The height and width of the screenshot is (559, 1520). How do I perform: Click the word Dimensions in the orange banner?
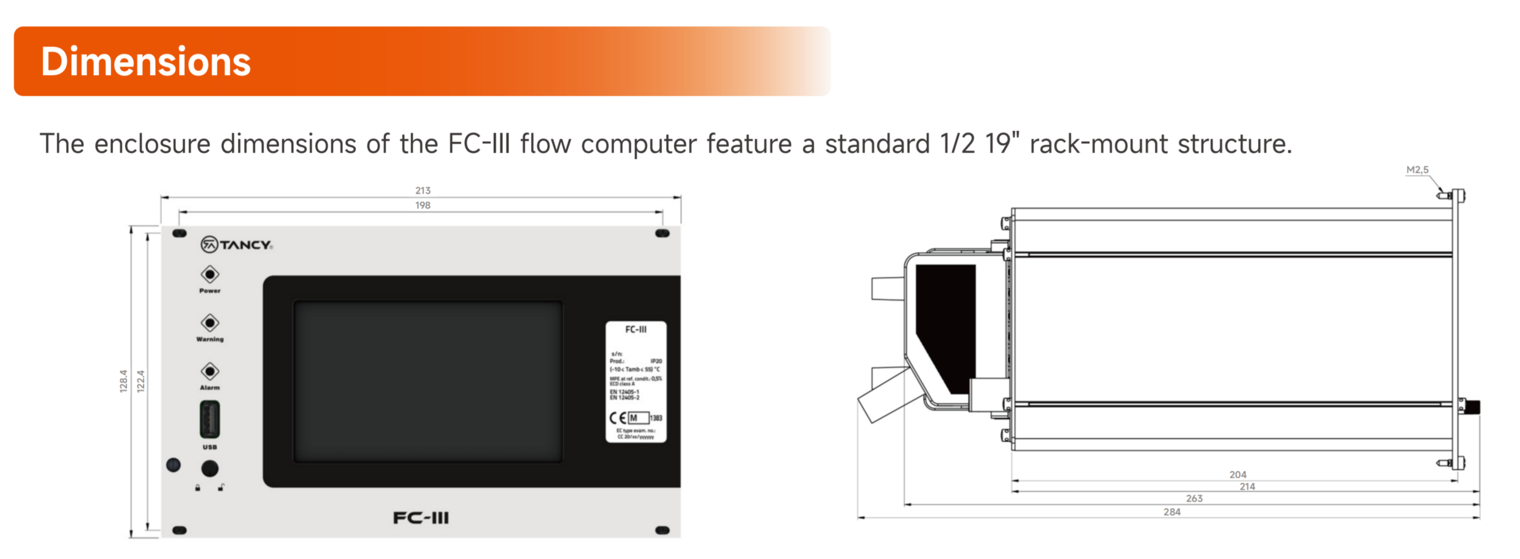point(145,62)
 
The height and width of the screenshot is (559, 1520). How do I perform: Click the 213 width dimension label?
point(423,190)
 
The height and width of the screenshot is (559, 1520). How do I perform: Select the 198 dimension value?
point(423,205)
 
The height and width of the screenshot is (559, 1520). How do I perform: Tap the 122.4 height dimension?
point(141,381)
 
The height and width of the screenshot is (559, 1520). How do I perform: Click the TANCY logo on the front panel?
point(237,244)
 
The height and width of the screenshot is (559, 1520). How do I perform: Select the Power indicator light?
point(210,274)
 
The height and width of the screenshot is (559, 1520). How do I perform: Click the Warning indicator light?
point(210,322)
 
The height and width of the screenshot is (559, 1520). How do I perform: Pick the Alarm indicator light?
point(210,371)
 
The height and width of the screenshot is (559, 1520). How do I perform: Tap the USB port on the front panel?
point(210,419)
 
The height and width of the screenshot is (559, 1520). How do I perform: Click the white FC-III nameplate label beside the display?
point(636,381)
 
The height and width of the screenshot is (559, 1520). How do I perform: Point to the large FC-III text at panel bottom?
point(421,518)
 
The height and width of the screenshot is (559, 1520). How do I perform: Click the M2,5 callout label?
point(1417,170)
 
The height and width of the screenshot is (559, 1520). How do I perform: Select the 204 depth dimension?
point(1238,475)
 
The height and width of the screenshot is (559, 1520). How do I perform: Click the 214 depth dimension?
point(1247,486)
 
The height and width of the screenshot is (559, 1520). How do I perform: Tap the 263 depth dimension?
point(1194,498)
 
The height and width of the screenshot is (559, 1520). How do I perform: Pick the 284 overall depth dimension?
point(1171,512)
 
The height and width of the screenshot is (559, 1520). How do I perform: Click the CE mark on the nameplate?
point(618,418)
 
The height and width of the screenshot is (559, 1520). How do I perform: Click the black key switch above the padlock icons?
point(210,468)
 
